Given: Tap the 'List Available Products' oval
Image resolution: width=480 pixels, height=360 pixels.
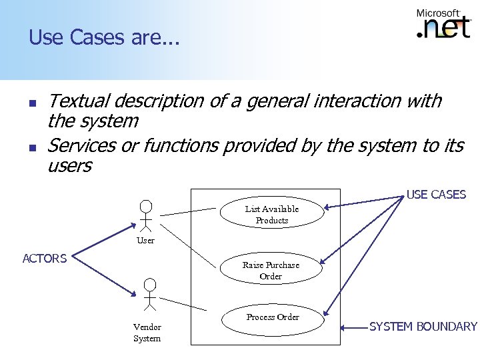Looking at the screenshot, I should coord(271,214).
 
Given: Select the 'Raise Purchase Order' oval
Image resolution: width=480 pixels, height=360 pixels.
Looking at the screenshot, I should coord(271,270).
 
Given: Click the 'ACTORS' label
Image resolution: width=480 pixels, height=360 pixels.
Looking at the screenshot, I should coord(44,259).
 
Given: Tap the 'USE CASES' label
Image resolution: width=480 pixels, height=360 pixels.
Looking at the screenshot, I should coord(436,195).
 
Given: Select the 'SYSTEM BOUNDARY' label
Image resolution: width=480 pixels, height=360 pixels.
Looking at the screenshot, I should coord(423,327).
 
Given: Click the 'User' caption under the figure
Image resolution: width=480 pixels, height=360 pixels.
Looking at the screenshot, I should coord(145,241).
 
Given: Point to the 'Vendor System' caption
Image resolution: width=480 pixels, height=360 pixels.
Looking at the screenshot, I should coord(147,333).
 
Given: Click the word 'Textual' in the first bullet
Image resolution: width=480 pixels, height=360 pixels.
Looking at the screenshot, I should coord(79,101).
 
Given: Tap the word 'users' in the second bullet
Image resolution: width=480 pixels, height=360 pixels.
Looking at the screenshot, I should coord(69,165).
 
